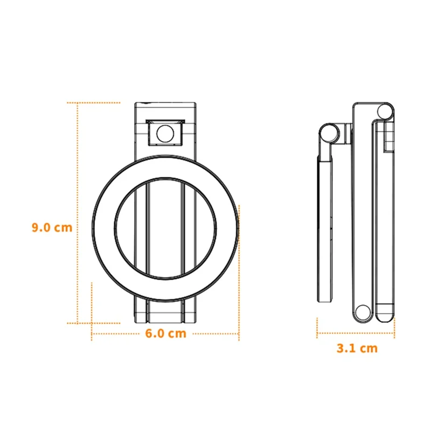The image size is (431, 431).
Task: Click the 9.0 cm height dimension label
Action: tap(52, 227)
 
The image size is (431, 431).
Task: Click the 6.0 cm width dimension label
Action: tap(166, 333)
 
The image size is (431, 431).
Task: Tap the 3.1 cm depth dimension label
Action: tap(357, 348)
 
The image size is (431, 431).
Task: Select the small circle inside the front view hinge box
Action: tap(165, 134)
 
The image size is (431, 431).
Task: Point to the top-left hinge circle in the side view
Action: tap(329, 134)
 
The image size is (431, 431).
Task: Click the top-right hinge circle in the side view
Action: tap(385, 112)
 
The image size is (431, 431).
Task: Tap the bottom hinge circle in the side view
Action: tap(363, 312)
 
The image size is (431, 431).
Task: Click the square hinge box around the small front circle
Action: tap(165, 133)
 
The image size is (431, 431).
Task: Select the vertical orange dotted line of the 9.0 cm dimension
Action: tap(78, 213)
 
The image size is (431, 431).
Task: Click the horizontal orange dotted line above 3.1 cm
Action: tap(356, 333)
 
